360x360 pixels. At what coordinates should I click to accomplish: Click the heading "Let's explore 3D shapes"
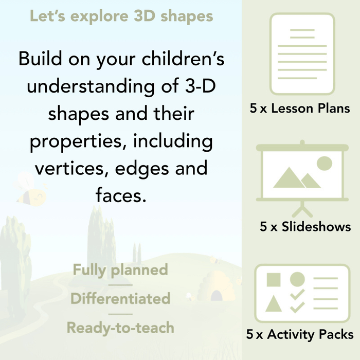[x=121, y=16]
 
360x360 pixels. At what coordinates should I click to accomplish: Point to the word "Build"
[x=42, y=59]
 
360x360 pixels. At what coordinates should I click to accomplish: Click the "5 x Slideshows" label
[x=305, y=226]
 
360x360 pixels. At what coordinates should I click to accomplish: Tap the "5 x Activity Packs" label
[x=300, y=335]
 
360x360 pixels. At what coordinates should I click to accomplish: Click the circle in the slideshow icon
[x=324, y=164]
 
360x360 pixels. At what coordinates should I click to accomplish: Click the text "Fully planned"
[x=120, y=269]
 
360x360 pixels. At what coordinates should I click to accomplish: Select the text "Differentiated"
[x=120, y=298]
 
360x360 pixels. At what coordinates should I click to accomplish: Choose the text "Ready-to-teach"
[x=120, y=327]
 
